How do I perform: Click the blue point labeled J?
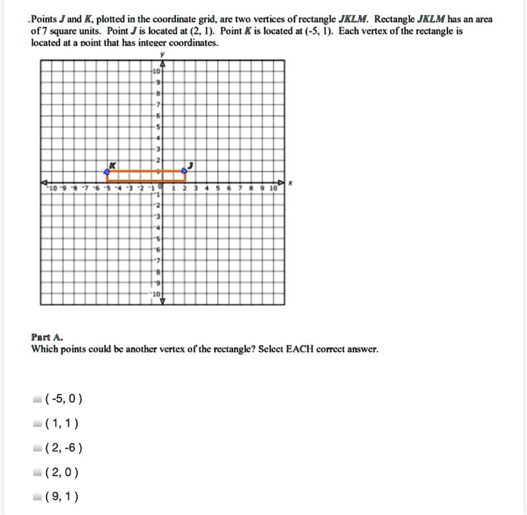(184, 171)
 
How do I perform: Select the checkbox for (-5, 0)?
(36, 399)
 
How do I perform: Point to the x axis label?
(290, 183)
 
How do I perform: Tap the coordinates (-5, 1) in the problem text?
(316, 31)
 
